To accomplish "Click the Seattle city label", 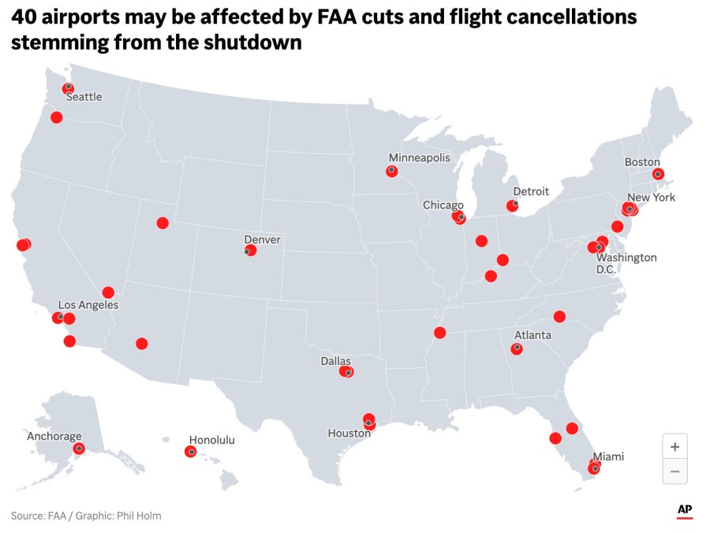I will (x=84, y=97).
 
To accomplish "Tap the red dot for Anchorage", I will (x=78, y=449).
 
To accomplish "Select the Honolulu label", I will (x=211, y=440).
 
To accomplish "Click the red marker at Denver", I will (x=250, y=250).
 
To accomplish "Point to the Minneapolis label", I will (x=419, y=157).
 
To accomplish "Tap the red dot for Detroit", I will (x=512, y=206).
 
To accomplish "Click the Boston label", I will (x=642, y=162).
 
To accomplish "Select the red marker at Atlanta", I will (x=518, y=348).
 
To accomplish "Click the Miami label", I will (x=608, y=456).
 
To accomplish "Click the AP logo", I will (x=685, y=510).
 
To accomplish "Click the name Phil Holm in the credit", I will (x=139, y=516).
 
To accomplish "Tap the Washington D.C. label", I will (x=626, y=264).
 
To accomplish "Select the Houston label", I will (x=349, y=434).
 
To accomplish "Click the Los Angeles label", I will (x=88, y=305).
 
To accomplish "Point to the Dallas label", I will (x=335, y=361).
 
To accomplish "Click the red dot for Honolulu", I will (x=190, y=452).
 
